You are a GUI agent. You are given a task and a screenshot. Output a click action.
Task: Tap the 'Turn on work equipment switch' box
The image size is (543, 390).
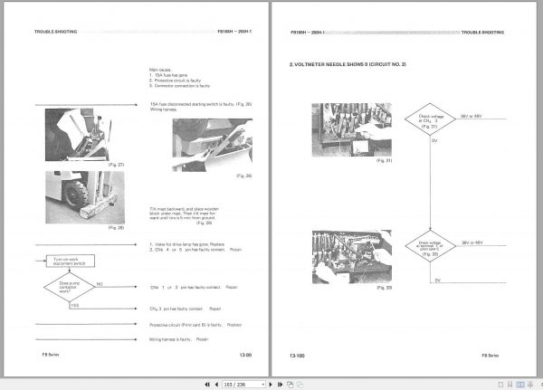70,260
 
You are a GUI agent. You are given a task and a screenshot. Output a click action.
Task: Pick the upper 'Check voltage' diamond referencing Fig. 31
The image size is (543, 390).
434,119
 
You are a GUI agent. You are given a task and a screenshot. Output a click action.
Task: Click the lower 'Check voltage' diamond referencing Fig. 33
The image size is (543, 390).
434,245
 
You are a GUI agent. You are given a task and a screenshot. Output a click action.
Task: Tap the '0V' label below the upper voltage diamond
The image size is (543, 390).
437,142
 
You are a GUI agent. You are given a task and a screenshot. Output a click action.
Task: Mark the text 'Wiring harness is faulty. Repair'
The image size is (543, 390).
179,339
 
